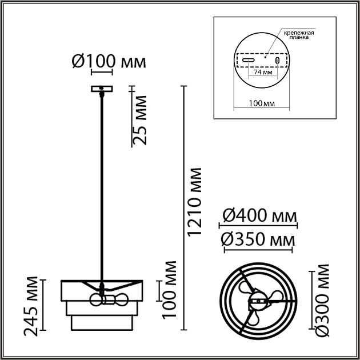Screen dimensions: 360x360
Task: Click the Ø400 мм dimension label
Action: [x=259, y=216]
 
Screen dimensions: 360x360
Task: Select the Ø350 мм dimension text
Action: [x=258, y=239]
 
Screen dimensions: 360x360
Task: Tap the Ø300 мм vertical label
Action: [x=322, y=301]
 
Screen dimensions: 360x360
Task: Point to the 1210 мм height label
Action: [x=194, y=202]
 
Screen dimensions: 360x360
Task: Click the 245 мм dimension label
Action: [x=30, y=306]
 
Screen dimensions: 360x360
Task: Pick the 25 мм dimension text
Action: [x=139, y=120]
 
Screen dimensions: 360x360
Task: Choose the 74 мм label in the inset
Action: [x=263, y=72]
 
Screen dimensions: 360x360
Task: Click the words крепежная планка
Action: [x=299, y=35]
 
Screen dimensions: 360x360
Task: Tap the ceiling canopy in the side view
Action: [x=102, y=89]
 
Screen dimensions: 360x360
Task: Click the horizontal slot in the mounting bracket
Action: [x=249, y=61]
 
